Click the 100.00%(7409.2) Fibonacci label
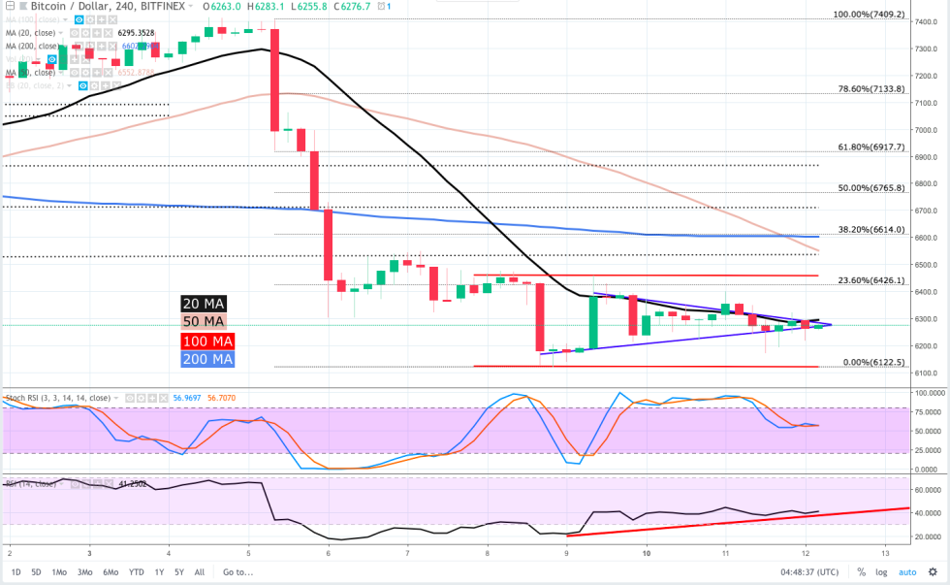coord(869,16)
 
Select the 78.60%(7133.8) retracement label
coord(871,88)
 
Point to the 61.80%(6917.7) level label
coord(871,147)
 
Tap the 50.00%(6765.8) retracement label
coord(871,188)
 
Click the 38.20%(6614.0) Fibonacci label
coord(871,230)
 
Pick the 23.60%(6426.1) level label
coord(871,280)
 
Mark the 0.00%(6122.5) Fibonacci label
coord(873,362)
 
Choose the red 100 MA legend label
coord(207,341)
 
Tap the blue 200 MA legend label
coord(207,359)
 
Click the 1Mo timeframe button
coord(60,572)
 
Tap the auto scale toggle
coord(906,572)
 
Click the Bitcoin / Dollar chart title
coord(56,7)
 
